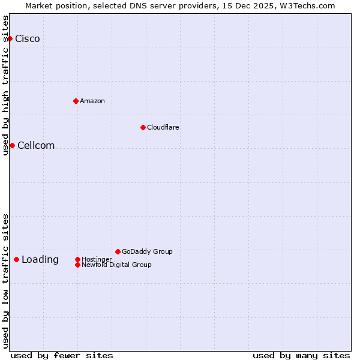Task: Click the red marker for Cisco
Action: (x=10, y=39)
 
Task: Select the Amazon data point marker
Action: (x=76, y=101)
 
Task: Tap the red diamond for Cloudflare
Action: (x=143, y=127)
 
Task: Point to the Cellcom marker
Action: (x=12, y=145)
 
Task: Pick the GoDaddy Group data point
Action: (x=118, y=251)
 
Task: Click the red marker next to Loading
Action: (x=16, y=259)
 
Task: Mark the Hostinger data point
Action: (x=77, y=259)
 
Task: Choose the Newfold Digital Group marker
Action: (x=77, y=265)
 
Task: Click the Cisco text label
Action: (x=28, y=39)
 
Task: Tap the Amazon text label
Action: (x=92, y=101)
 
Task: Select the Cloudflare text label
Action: (x=163, y=127)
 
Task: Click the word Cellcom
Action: (x=36, y=145)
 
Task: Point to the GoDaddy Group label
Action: (x=147, y=251)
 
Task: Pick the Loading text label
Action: (x=40, y=259)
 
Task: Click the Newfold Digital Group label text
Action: (x=116, y=265)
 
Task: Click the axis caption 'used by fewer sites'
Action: (x=62, y=355)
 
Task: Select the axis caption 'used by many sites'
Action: (x=301, y=355)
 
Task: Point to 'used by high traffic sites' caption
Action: (x=5, y=85)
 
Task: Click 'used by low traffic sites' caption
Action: (x=5, y=281)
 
